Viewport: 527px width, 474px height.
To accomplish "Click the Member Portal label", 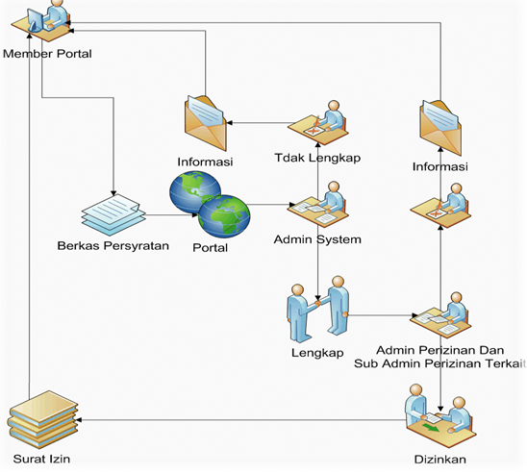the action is coord(47,54).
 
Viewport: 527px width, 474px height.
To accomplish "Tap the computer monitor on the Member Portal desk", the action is coord(35,20).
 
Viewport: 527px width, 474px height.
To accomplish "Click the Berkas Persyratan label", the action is coord(113,245).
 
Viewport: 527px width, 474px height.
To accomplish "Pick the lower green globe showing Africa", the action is coord(224,217).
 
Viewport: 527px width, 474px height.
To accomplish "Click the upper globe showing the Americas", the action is coord(195,192).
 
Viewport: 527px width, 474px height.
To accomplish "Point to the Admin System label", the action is coord(317,239).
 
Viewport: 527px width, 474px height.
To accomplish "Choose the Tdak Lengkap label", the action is coord(317,158).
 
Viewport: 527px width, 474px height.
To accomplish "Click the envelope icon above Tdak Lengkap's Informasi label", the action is coord(206,123).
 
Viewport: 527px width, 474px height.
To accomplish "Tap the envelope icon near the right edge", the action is coord(440,128).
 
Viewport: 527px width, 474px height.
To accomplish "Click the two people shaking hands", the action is coord(317,309).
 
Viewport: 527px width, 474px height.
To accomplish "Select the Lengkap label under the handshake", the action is coord(317,353).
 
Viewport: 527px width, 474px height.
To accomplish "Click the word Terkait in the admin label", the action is coord(507,363).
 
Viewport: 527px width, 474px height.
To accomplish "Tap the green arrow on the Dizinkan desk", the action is coord(431,428).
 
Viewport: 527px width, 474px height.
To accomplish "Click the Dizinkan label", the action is coord(439,460).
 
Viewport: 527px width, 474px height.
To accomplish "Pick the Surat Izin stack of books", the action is coord(42,419).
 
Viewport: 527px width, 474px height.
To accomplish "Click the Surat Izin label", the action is coord(41,459).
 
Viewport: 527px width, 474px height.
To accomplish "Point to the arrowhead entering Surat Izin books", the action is coord(79,420).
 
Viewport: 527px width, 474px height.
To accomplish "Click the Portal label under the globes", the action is coord(210,248).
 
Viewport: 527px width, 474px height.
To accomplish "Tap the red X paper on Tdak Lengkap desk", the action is coord(314,131).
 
